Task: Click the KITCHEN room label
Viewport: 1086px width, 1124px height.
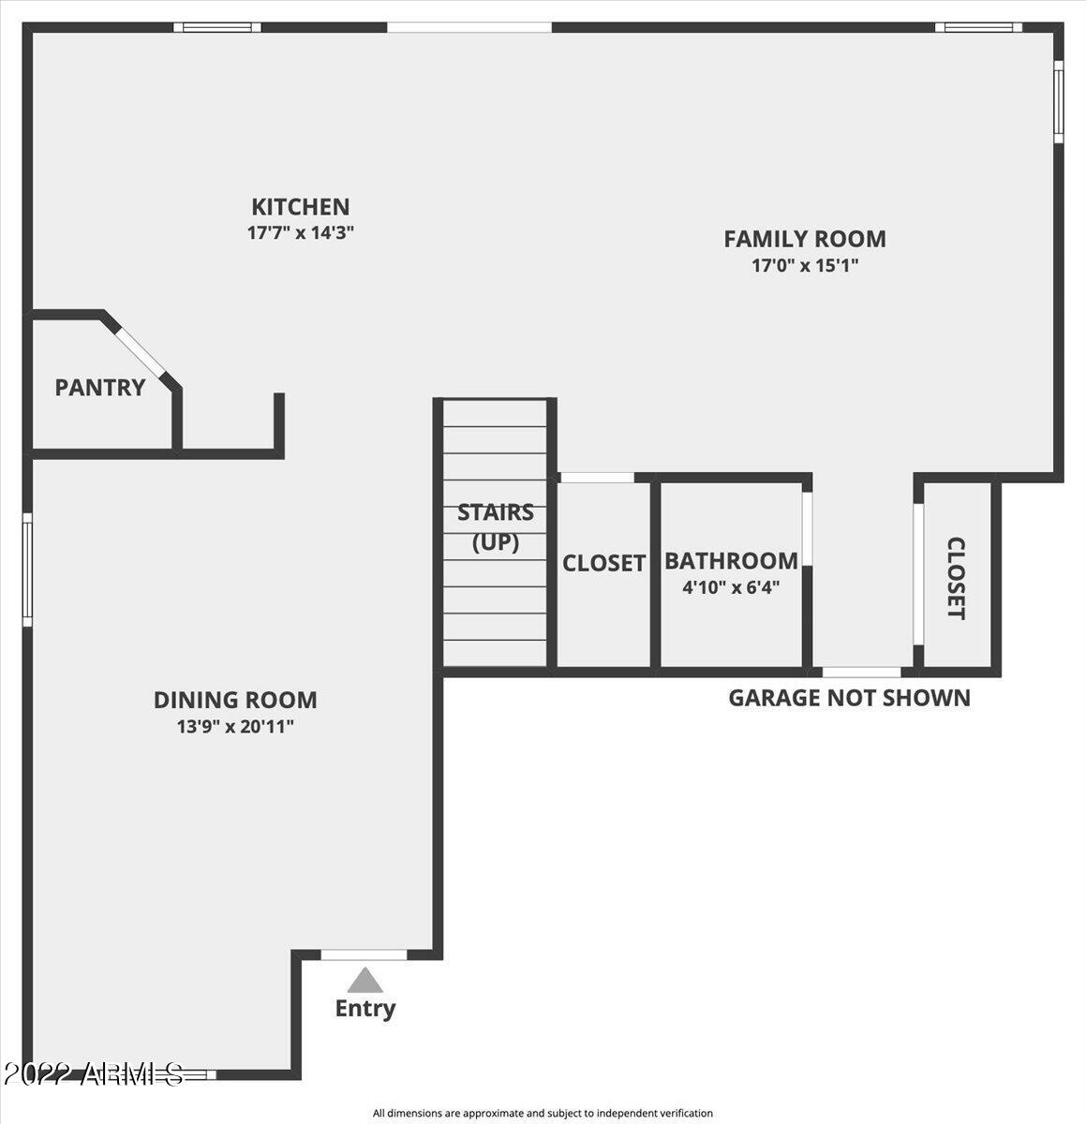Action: pyautogui.click(x=301, y=207)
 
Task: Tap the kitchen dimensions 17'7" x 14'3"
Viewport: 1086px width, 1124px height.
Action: pyautogui.click(x=301, y=233)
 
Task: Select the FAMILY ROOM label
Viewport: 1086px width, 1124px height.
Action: pyautogui.click(x=805, y=239)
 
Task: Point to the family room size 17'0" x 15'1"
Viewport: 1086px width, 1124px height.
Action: pyautogui.click(x=805, y=266)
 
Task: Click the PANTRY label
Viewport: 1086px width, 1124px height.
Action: pyautogui.click(x=100, y=388)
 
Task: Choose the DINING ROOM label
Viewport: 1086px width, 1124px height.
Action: pyautogui.click(x=235, y=701)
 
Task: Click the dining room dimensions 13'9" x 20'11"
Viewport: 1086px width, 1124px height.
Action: pyautogui.click(x=235, y=727)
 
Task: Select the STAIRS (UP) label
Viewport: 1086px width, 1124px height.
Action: pyautogui.click(x=495, y=527)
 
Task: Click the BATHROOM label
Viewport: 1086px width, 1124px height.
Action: pyautogui.click(x=731, y=561)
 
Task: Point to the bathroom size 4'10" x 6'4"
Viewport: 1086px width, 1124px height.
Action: pyautogui.click(x=731, y=587)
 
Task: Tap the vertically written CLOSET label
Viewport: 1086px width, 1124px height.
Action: pyautogui.click(x=956, y=578)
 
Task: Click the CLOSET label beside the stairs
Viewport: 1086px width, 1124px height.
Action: pyautogui.click(x=603, y=563)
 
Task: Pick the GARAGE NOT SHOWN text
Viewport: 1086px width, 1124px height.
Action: pyautogui.click(x=849, y=698)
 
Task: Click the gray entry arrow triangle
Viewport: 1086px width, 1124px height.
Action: pyautogui.click(x=364, y=980)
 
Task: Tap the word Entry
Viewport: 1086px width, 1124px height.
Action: pyautogui.click(x=365, y=1009)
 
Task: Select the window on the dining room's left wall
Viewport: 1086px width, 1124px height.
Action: pyautogui.click(x=27, y=569)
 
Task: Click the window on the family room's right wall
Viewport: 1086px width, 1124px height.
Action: pyautogui.click(x=1058, y=102)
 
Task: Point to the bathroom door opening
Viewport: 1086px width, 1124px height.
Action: pyautogui.click(x=807, y=528)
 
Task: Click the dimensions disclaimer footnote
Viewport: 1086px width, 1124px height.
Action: pyautogui.click(x=543, y=1113)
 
